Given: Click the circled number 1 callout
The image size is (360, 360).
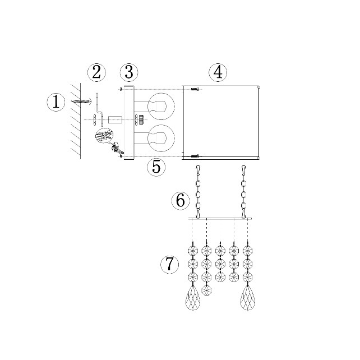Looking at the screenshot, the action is [56, 102].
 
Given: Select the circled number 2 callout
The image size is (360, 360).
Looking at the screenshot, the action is [96, 72].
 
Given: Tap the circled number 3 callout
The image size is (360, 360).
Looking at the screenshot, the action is [129, 72].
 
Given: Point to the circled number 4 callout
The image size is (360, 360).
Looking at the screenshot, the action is [218, 72].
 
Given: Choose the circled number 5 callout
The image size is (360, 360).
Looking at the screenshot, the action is [156, 167].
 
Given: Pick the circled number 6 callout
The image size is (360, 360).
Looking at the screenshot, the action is [181, 200].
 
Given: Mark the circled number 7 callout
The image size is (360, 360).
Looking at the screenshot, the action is [170, 264].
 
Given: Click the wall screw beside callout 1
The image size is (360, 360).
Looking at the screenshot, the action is [81, 101].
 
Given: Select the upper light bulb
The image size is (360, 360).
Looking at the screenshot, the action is [161, 107].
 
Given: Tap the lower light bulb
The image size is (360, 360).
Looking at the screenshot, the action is [161, 138].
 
